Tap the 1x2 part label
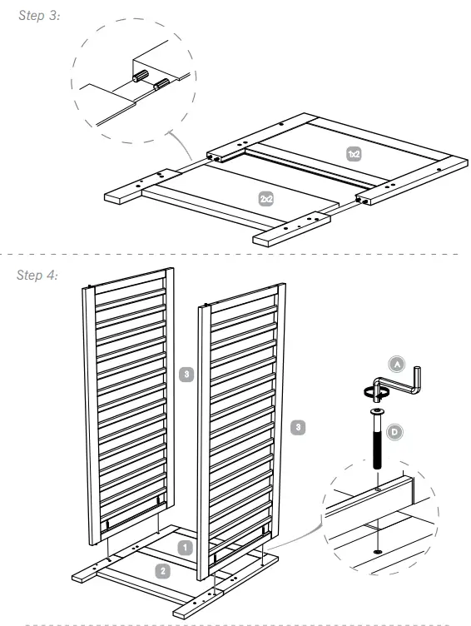(x=354, y=154)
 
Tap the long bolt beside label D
(x=378, y=441)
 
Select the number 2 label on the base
(x=164, y=570)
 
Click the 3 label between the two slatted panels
(x=187, y=375)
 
